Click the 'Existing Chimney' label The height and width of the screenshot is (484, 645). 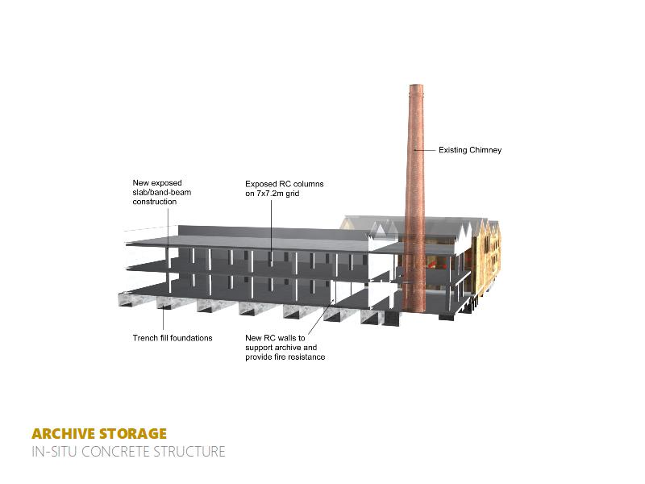pyautogui.click(x=470, y=150)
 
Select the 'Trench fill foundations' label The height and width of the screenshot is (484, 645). pyautogui.click(x=173, y=338)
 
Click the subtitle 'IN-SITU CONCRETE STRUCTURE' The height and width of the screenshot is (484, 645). pyautogui.click(x=128, y=452)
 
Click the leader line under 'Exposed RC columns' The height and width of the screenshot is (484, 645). pyautogui.click(x=271, y=222)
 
